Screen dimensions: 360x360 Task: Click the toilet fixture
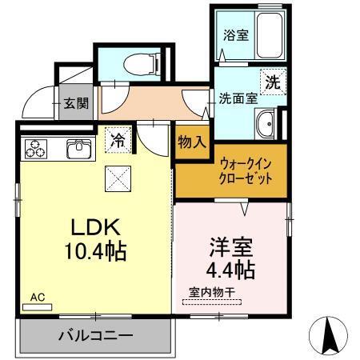point(142,64)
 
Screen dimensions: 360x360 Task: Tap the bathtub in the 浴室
point(270,35)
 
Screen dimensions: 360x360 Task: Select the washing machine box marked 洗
point(273,82)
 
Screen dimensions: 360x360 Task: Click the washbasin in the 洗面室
point(265,124)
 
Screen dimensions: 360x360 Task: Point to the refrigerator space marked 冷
point(118,140)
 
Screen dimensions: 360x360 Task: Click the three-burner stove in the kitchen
point(36,149)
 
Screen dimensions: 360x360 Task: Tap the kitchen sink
point(79,149)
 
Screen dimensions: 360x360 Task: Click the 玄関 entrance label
point(76,103)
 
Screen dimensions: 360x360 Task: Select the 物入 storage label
point(192,142)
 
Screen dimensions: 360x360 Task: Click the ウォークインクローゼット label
point(246,171)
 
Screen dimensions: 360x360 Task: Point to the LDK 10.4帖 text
point(95,239)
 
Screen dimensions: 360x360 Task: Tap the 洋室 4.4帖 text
point(231,258)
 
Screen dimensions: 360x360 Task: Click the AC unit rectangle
point(38,307)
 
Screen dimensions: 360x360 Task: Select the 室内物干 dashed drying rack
point(212,302)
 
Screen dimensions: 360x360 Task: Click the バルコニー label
point(95,335)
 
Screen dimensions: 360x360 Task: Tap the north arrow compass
point(328,335)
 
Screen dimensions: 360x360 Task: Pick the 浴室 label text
point(236,35)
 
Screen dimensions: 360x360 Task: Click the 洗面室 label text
point(238,99)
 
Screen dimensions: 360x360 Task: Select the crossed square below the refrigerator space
point(118,178)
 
